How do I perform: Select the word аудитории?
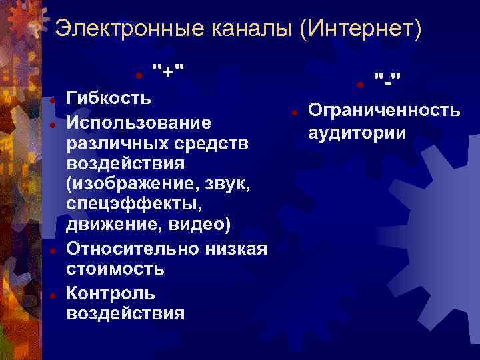357,132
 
